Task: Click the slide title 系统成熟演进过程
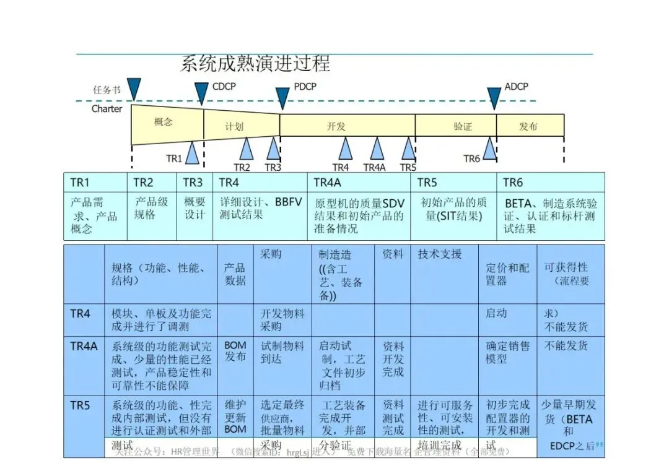[255, 63]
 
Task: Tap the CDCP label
[224, 87]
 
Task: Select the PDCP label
[305, 87]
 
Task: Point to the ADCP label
[516, 87]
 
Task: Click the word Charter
[107, 109]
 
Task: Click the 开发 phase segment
[336, 126]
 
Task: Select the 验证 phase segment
[462, 126]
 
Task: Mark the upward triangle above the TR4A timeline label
[377, 149]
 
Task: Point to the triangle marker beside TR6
[489, 149]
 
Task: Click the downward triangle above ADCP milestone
[494, 98]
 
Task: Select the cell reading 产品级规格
[151, 209]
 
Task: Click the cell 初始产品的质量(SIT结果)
[453, 209]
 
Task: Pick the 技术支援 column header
[439, 254]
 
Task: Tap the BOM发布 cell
[235, 351]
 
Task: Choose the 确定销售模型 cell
[507, 352]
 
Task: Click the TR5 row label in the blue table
[80, 405]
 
